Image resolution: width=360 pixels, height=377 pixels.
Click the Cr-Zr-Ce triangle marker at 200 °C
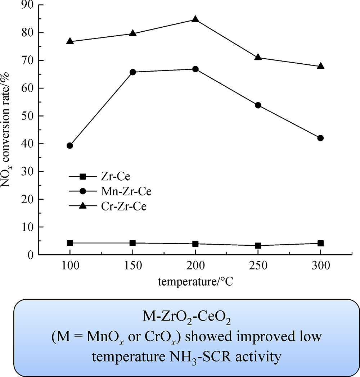click(195, 19)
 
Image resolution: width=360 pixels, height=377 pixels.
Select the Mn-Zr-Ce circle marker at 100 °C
click(70, 146)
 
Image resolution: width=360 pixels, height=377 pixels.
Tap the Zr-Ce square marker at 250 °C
click(258, 246)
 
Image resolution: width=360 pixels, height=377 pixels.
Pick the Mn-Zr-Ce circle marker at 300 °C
click(320, 138)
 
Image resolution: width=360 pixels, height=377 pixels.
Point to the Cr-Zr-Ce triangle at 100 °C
click(70, 41)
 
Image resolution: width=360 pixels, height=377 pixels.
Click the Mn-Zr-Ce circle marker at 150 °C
click(132, 72)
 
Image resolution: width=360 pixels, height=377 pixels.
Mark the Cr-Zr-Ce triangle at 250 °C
click(258, 57)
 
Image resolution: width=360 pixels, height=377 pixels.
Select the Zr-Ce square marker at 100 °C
click(70, 243)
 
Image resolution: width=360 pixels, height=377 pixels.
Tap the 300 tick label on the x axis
click(320, 266)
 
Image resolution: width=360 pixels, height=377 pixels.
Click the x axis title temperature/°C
click(195, 282)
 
